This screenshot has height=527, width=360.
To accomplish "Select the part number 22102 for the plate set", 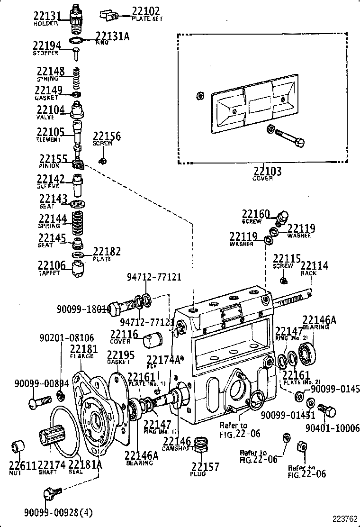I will (145, 11).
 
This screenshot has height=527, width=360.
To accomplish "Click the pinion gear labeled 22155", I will (78, 164).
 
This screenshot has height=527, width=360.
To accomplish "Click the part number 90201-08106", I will (67, 338).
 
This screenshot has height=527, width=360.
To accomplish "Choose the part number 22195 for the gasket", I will (120, 355).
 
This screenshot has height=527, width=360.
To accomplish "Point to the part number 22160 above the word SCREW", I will (256, 214).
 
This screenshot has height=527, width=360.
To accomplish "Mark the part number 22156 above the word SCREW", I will (107, 136).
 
